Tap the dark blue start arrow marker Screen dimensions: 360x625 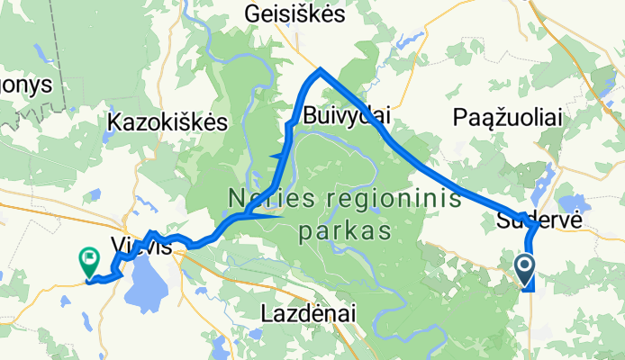point(525,266)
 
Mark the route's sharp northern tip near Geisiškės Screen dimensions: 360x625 point(320,69)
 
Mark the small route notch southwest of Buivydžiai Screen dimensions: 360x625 point(274,157)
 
